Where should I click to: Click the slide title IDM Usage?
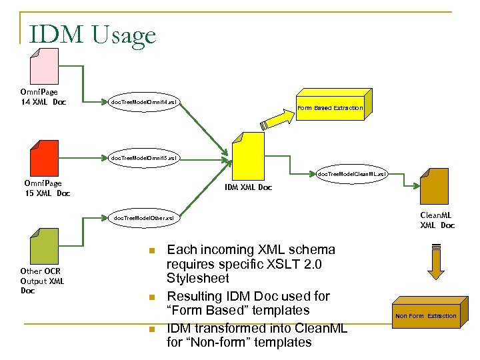(x=92, y=34)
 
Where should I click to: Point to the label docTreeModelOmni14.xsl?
(x=144, y=102)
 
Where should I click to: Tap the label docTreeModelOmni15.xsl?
(x=144, y=158)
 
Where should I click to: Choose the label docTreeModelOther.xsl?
(x=143, y=218)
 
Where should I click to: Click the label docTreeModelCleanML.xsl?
(x=351, y=174)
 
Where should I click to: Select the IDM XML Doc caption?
(x=248, y=187)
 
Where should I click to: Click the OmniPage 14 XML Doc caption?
(x=43, y=96)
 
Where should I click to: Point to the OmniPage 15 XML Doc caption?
(x=47, y=188)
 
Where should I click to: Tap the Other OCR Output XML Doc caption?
(x=43, y=281)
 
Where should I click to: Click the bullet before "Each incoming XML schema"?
(x=151, y=251)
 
